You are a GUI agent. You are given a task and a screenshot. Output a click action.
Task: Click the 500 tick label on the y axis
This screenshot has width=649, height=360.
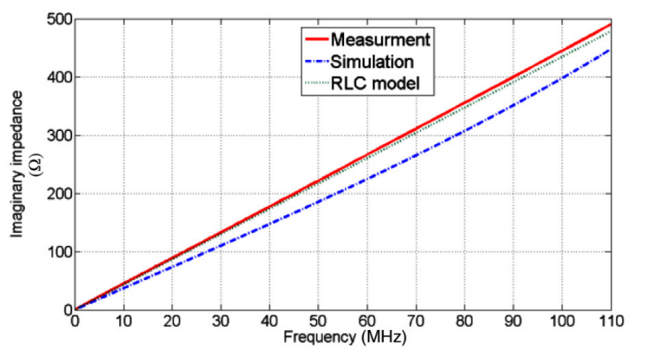[57, 19]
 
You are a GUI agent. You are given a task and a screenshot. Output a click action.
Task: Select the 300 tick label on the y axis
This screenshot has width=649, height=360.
[57, 135]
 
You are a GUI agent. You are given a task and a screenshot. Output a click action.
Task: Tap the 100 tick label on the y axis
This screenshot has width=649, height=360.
[57, 252]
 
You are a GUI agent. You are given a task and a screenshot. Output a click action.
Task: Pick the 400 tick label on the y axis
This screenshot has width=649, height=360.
[57, 77]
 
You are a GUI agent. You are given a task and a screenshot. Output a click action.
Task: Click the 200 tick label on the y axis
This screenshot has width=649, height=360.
[57, 193]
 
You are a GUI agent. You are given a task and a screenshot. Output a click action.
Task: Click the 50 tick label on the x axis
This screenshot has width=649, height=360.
[317, 321]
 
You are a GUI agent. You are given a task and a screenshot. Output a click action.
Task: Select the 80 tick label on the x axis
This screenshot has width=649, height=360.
[463, 321]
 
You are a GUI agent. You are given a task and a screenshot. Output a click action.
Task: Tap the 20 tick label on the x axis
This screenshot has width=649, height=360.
[172, 321]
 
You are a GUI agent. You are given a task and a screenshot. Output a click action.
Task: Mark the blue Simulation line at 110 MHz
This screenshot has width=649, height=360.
[608, 49]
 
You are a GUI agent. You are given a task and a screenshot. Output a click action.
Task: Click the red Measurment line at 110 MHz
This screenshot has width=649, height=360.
[608, 24]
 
